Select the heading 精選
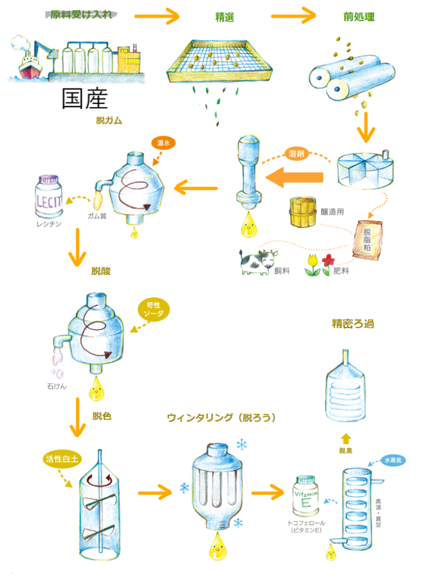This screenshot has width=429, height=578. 224,17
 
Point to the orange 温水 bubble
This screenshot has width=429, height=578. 163,143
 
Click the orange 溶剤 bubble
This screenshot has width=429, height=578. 297,154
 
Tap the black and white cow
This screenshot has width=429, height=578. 257,261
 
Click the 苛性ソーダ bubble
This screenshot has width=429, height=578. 153,310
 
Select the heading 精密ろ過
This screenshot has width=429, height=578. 353,324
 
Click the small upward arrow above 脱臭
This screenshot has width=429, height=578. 346,438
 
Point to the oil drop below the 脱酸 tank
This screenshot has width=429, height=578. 96,388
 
